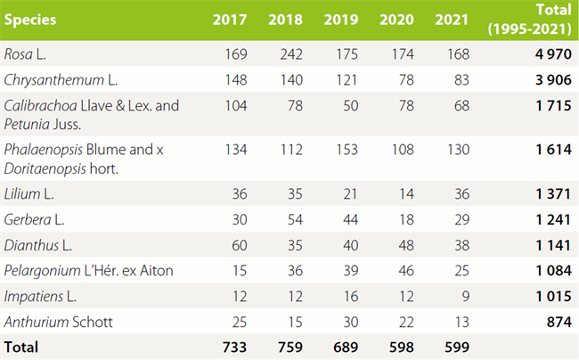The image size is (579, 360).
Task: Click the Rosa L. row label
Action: click(27, 53)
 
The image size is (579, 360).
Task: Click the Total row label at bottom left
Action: click(22, 346)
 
